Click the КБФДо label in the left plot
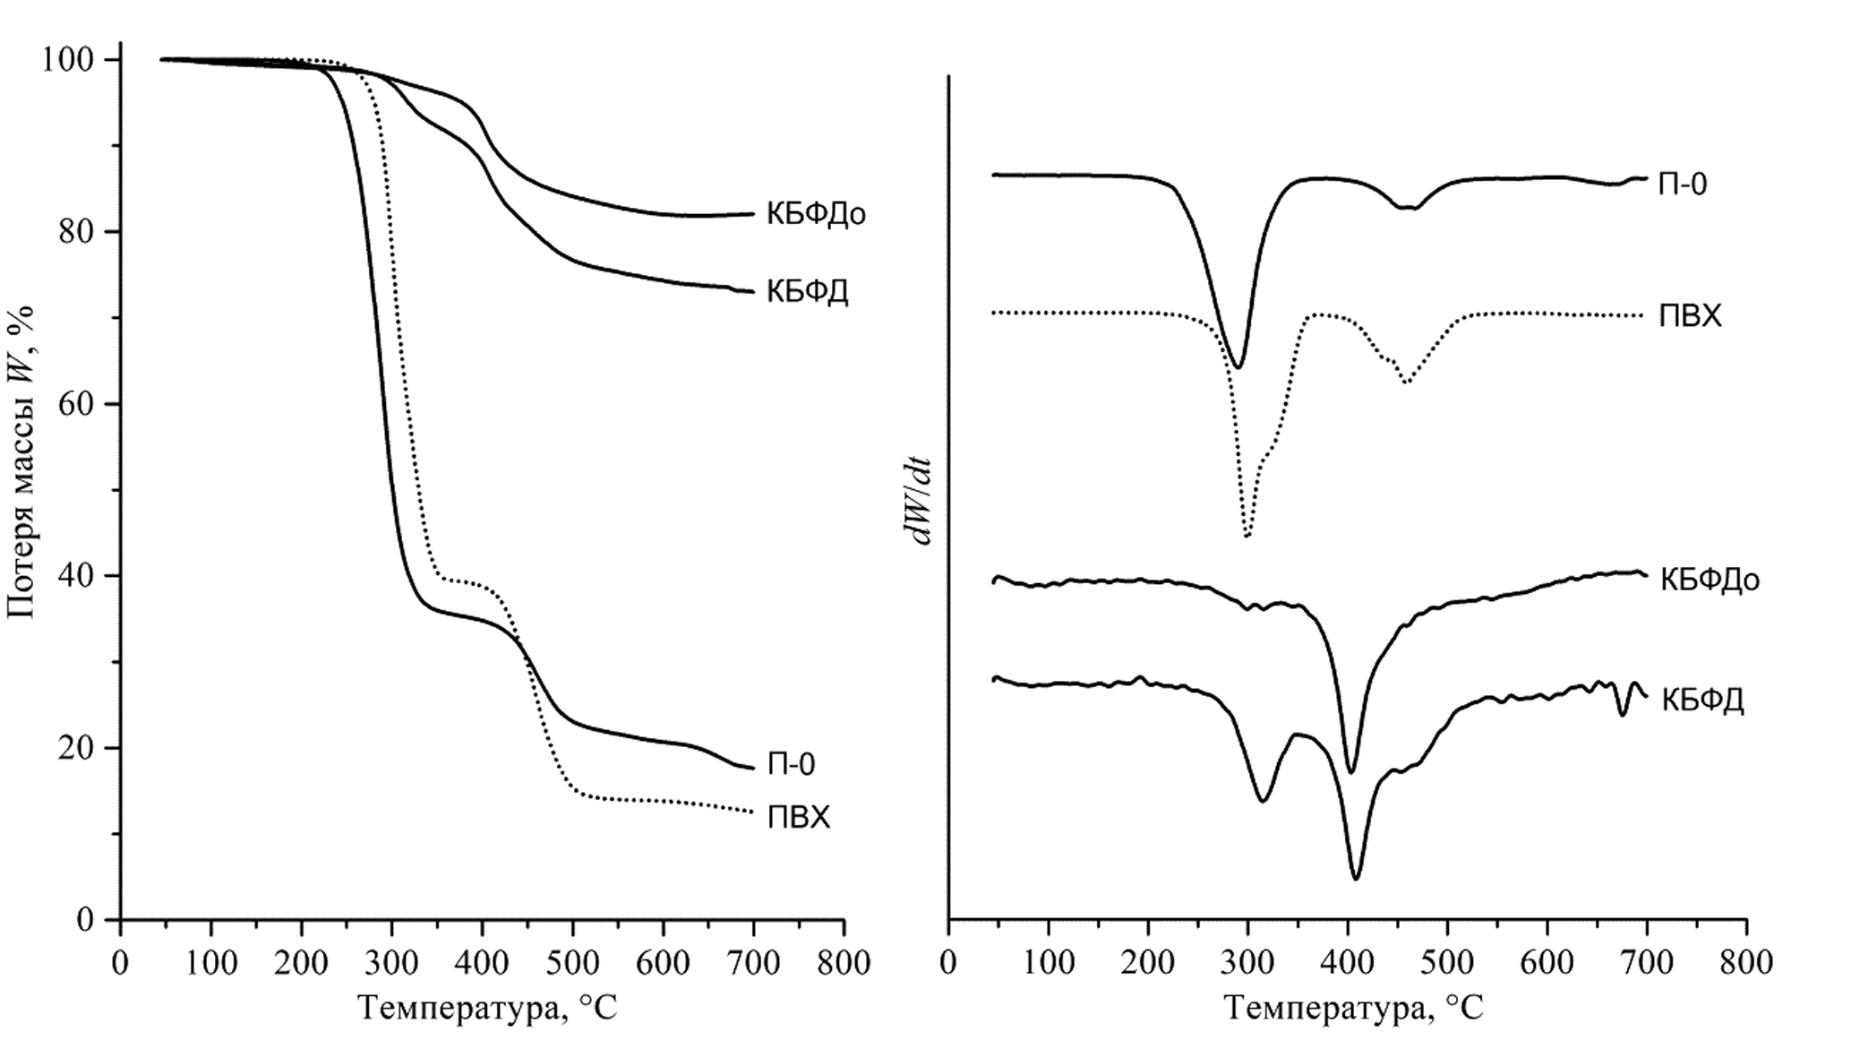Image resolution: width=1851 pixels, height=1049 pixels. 816,214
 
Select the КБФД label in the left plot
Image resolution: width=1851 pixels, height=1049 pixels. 807,292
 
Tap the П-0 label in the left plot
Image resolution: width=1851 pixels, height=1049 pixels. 792,764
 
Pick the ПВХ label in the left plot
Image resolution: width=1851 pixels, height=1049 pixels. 799,818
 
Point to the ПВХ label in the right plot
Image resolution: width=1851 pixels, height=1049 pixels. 1690,316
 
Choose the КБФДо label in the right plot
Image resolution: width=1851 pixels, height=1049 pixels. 1710,580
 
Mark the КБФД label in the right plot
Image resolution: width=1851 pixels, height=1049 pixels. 1701,700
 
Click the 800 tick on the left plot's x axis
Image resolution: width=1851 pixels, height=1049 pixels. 844,963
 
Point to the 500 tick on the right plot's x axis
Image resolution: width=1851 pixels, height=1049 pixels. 1448,963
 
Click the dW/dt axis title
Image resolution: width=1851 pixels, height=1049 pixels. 919,502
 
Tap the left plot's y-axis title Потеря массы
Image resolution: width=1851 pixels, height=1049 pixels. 21,461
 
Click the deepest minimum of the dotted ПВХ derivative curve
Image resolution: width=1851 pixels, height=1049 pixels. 1247,536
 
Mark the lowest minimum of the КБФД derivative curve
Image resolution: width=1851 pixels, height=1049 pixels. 1356,879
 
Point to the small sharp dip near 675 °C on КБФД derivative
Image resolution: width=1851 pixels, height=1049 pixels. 1622,715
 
